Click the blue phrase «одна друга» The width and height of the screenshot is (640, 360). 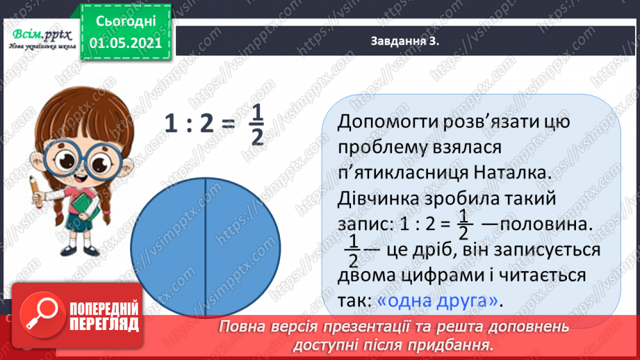(439, 301)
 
